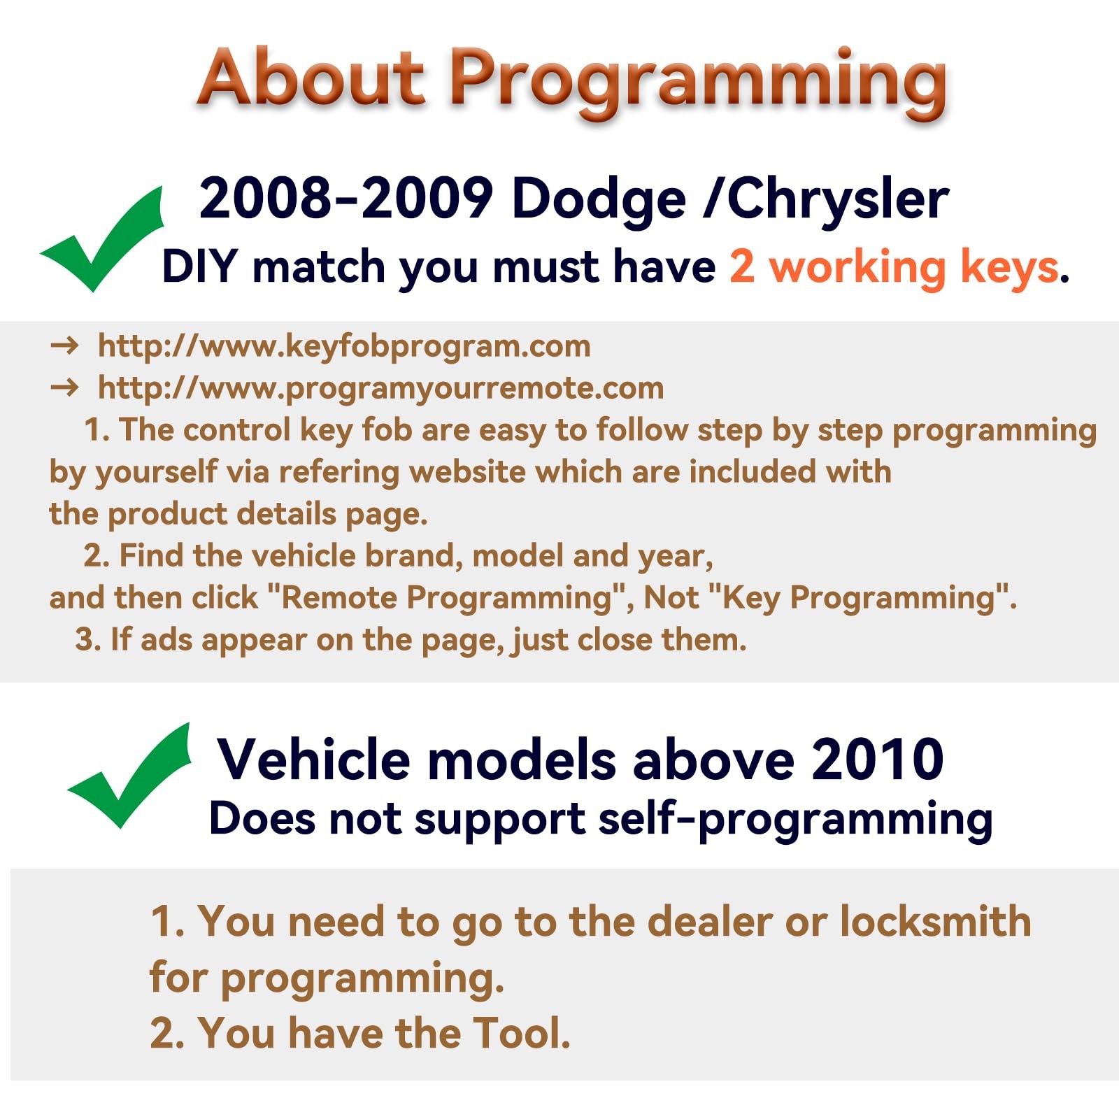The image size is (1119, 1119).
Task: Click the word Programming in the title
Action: click(697, 83)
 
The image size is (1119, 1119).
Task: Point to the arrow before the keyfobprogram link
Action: click(64, 345)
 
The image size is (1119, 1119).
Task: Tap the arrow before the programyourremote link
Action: click(64, 387)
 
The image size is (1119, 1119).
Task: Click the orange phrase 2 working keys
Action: click(894, 268)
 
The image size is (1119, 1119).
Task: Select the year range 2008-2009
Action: click(346, 199)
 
